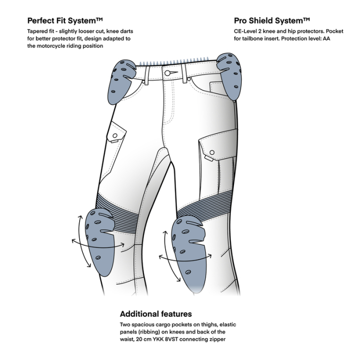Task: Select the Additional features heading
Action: tap(156, 314)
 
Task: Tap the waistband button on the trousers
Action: tap(168, 73)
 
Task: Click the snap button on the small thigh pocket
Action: tap(115, 136)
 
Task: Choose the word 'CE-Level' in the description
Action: tap(246, 31)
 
